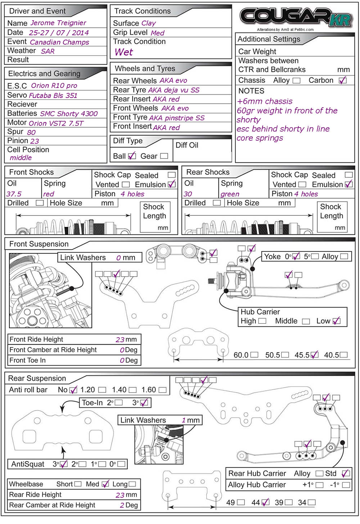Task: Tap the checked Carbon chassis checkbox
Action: pyautogui.click(x=342, y=80)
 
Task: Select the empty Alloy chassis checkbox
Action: pyautogui.click(x=296, y=81)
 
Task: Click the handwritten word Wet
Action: pyautogui.click(x=124, y=52)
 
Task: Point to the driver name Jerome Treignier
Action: pyautogui.click(x=58, y=23)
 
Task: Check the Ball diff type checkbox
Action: pyautogui.click(x=132, y=156)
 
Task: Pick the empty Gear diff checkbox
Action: pyautogui.click(x=164, y=156)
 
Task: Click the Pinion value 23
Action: pyautogui.click(x=35, y=141)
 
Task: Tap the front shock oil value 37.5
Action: pyautogui.click(x=14, y=194)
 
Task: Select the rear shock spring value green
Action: pyautogui.click(x=230, y=194)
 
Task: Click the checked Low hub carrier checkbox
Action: pyautogui.click(x=336, y=321)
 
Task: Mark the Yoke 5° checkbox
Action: pyautogui.click(x=315, y=256)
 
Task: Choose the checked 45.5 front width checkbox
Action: pyautogui.click(x=314, y=355)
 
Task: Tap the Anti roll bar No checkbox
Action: pyautogui.click(x=73, y=390)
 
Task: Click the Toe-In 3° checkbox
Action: pyautogui.click(x=144, y=403)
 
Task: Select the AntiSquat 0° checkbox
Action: pyautogui.click(x=121, y=464)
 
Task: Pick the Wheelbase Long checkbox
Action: pyautogui.click(x=132, y=484)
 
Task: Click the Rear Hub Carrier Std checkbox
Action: pyautogui.click(x=345, y=473)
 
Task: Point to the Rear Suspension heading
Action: pyautogui.click(x=37, y=379)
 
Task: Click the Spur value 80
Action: pyautogui.click(x=31, y=132)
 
